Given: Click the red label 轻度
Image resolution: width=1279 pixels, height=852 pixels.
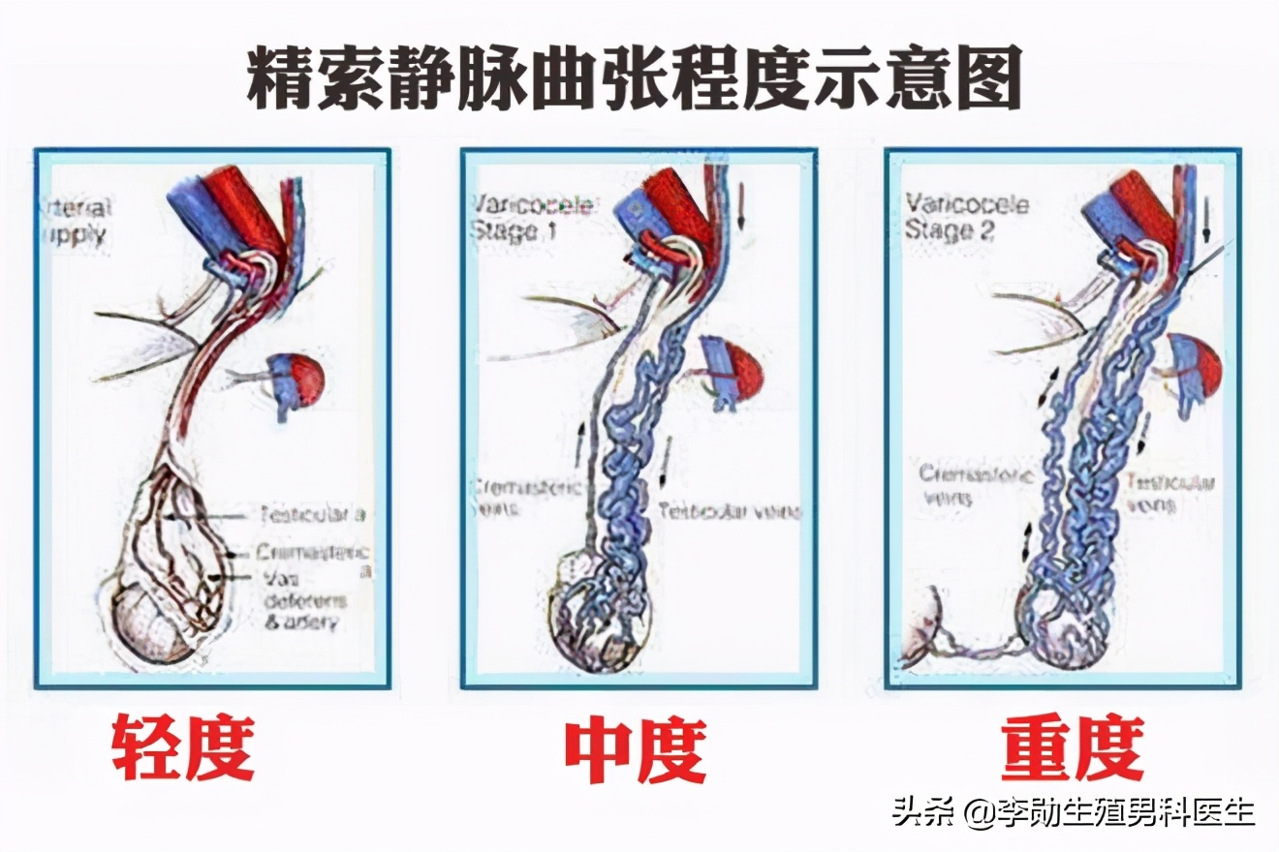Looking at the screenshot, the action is click(x=183, y=748).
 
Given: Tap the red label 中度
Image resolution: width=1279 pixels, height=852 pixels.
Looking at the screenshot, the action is click(x=636, y=748).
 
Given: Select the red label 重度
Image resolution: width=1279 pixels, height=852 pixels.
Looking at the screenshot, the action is click(x=1073, y=748).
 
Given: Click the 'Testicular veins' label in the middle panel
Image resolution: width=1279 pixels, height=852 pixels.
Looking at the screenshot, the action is click(x=730, y=510).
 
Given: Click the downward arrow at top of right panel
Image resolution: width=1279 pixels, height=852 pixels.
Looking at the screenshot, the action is click(x=1206, y=222).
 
